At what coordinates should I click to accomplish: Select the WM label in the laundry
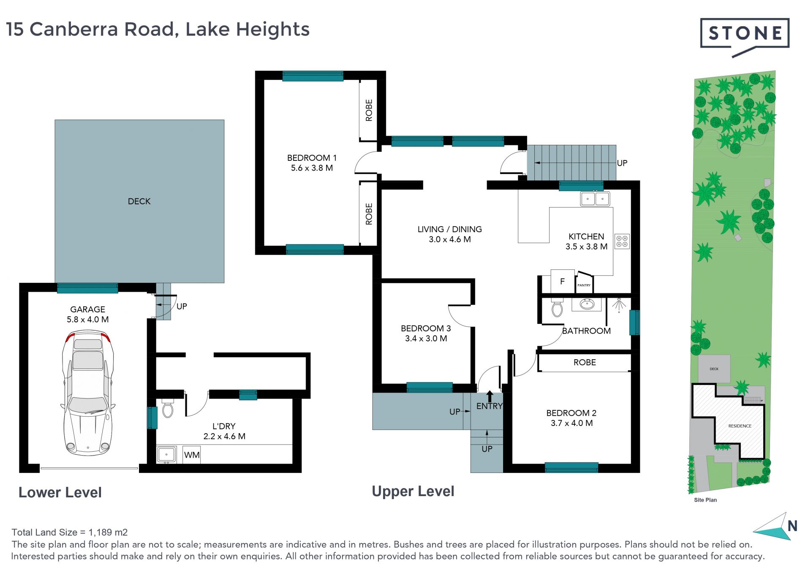point(192,455)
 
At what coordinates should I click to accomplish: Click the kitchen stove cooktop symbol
point(622,241)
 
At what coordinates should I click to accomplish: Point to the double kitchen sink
point(595,198)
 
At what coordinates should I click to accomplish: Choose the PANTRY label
point(584,285)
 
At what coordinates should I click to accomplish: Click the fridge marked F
point(562,281)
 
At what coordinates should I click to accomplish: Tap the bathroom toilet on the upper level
point(557,308)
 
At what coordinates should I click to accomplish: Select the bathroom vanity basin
point(587,304)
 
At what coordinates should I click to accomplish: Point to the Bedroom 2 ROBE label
point(585,362)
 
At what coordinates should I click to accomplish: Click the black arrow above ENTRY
point(490,396)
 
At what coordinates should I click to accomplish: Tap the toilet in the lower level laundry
point(168,408)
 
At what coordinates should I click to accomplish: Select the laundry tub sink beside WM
point(166,455)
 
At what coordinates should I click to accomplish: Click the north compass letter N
point(792,526)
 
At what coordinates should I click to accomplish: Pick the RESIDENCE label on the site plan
point(740,426)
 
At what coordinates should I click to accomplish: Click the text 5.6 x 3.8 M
point(312,168)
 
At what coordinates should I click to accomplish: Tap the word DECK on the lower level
point(139,201)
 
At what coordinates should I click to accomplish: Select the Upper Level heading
point(413,491)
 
